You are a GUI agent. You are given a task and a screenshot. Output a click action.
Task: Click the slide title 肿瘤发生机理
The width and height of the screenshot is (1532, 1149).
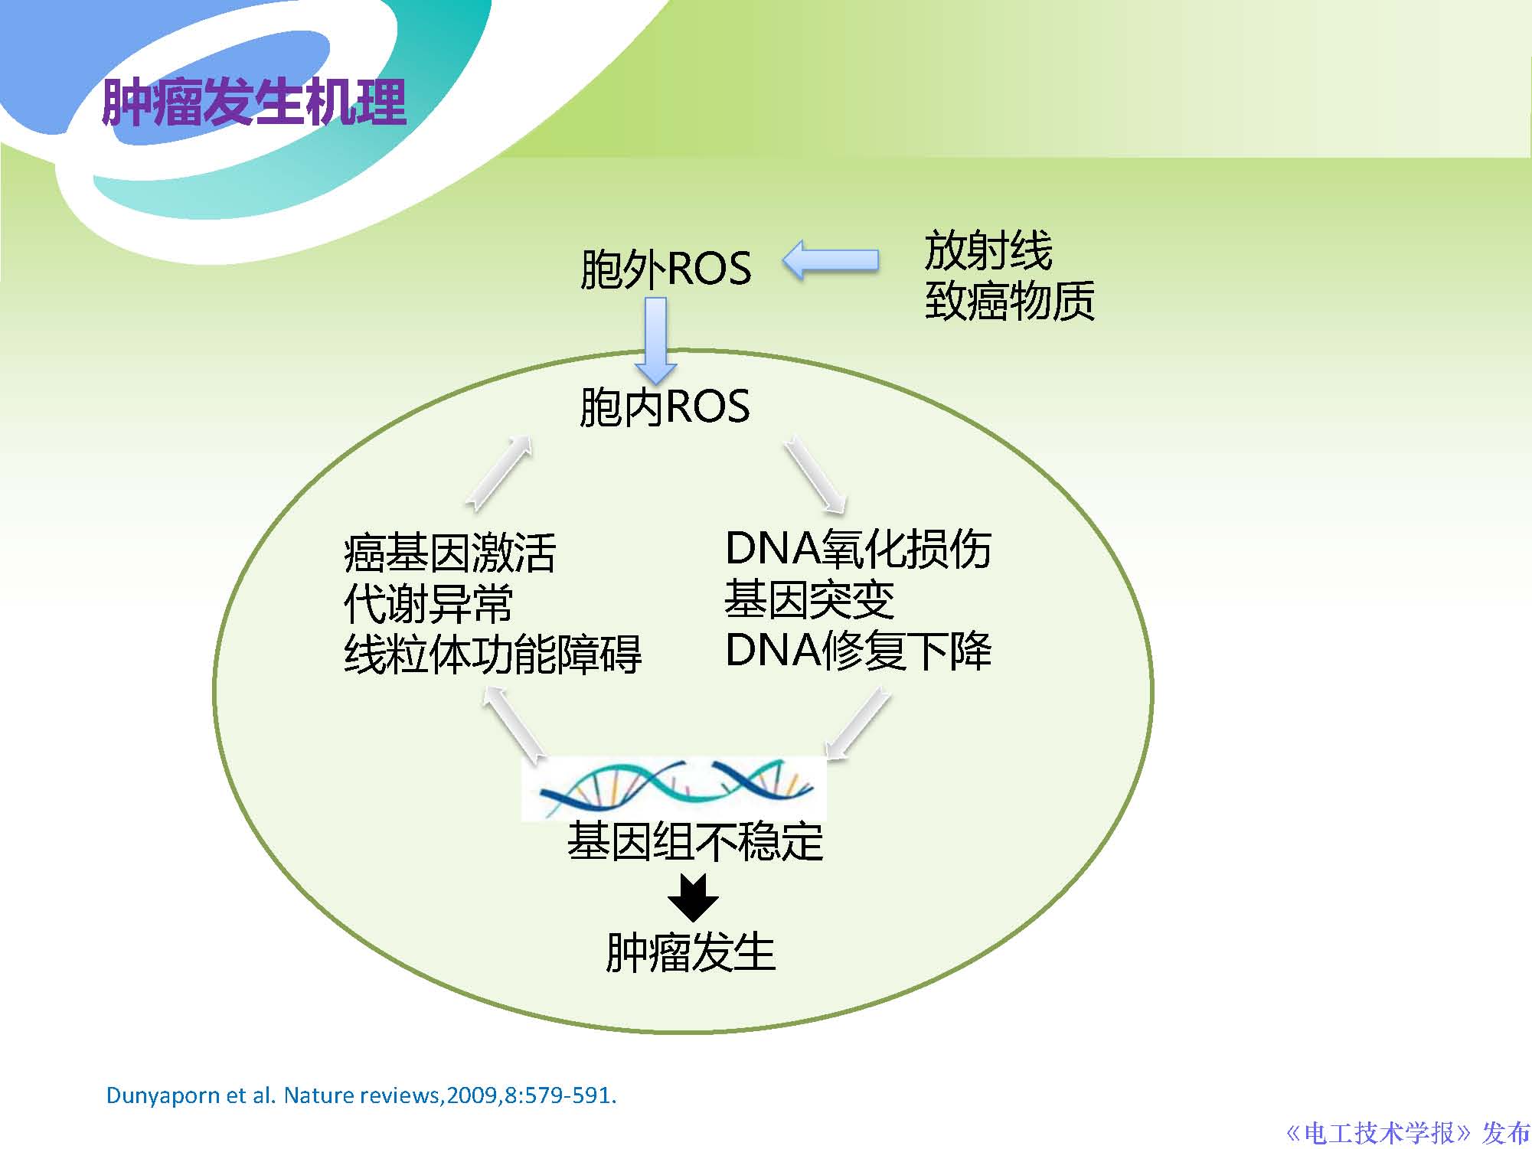pyautogui.click(x=253, y=103)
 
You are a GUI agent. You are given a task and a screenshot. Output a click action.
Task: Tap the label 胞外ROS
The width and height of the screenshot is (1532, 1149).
pyautogui.click(x=665, y=269)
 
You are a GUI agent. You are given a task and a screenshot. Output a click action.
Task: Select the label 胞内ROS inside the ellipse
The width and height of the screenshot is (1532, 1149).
pyautogui.click(x=664, y=406)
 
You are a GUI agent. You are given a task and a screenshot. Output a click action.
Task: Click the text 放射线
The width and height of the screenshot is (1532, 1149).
pyautogui.click(x=988, y=250)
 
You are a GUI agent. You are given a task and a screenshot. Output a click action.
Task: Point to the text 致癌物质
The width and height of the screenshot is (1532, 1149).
pyautogui.click(x=1009, y=300)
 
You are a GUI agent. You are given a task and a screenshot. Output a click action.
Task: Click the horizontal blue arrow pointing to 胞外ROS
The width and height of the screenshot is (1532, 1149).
pyautogui.click(x=831, y=260)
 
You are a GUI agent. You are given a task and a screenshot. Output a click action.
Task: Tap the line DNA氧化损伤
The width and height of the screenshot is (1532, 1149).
pyautogui.click(x=857, y=549)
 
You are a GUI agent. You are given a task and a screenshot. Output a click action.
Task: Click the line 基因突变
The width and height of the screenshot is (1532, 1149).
pyautogui.click(x=808, y=599)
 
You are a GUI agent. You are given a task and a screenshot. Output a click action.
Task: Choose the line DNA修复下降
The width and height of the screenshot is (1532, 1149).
pyautogui.click(x=857, y=651)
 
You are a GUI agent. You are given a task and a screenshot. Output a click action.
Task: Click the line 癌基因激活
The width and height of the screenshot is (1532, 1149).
pyautogui.click(x=449, y=553)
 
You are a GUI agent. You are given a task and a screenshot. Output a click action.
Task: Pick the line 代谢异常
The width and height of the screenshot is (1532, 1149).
pyautogui.click(x=428, y=603)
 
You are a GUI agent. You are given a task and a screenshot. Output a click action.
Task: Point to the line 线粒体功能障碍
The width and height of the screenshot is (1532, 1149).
pyautogui.click(x=492, y=654)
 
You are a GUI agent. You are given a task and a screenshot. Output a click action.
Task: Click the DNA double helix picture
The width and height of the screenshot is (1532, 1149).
pyautogui.click(x=674, y=788)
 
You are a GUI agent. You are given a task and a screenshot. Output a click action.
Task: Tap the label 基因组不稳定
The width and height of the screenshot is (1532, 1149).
pyautogui.click(x=694, y=841)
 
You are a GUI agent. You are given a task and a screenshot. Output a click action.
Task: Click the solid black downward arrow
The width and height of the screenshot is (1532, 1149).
pyautogui.click(x=693, y=897)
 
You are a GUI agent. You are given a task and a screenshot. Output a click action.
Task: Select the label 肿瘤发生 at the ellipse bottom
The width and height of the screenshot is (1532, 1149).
pyautogui.click(x=691, y=952)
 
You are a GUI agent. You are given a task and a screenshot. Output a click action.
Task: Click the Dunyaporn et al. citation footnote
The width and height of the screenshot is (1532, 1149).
pyautogui.click(x=361, y=1095)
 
